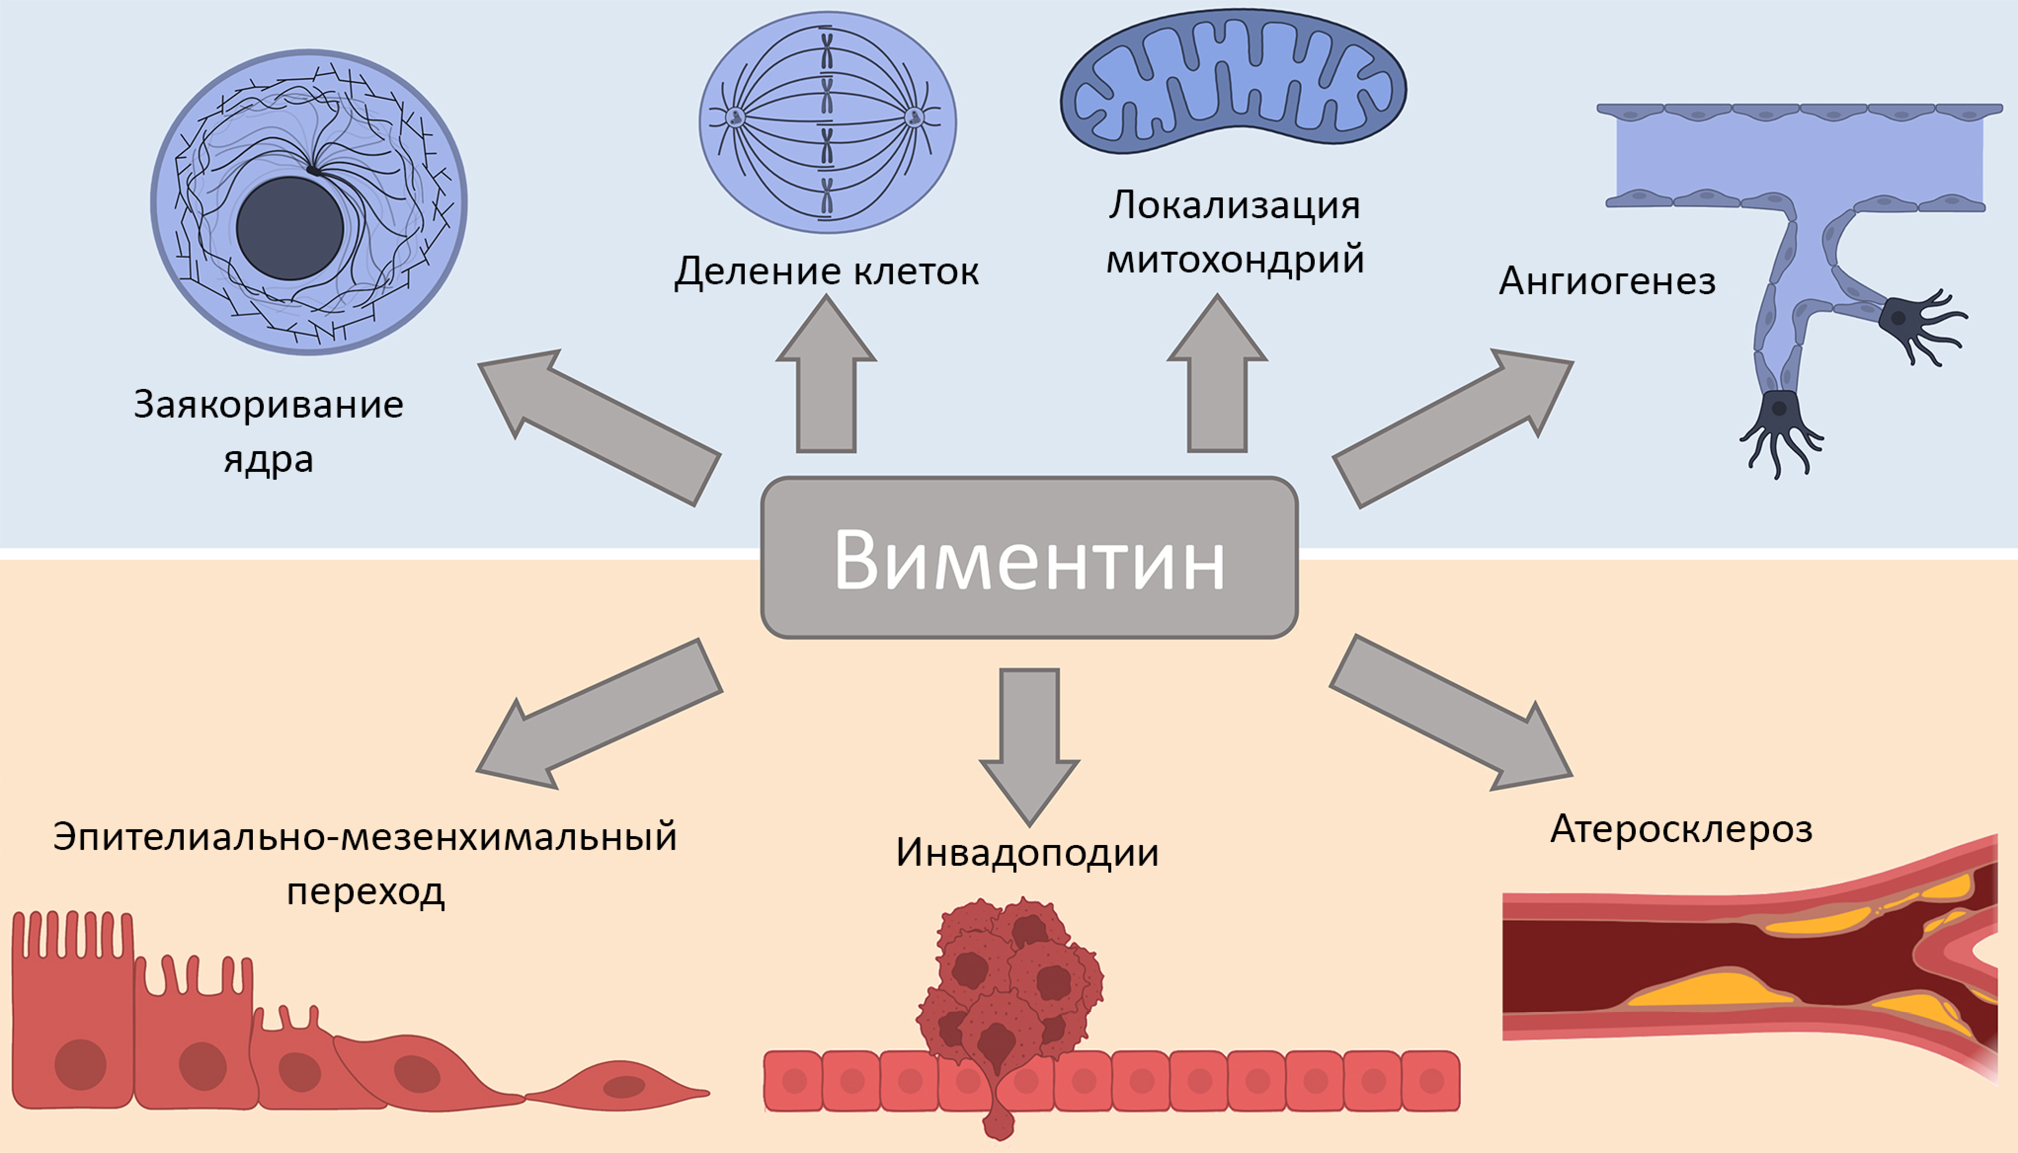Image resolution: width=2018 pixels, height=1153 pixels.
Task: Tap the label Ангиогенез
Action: (1607, 281)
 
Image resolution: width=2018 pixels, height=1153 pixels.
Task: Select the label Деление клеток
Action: (826, 271)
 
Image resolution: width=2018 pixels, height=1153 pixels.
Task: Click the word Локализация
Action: (1234, 206)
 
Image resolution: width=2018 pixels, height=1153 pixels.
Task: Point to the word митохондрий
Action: (1234, 260)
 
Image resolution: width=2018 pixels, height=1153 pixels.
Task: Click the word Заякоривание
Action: (269, 405)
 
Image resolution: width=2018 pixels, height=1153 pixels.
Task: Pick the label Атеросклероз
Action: (1681, 830)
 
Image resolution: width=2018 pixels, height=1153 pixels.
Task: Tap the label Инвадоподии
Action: (1027, 853)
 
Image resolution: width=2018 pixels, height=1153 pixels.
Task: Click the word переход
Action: (365, 892)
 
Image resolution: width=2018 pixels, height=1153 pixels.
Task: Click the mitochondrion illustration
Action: (1233, 83)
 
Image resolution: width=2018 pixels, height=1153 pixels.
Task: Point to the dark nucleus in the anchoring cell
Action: (290, 228)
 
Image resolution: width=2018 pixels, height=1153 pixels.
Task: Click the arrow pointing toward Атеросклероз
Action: (1450, 713)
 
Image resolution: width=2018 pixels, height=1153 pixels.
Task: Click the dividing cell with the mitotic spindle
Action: (827, 123)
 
